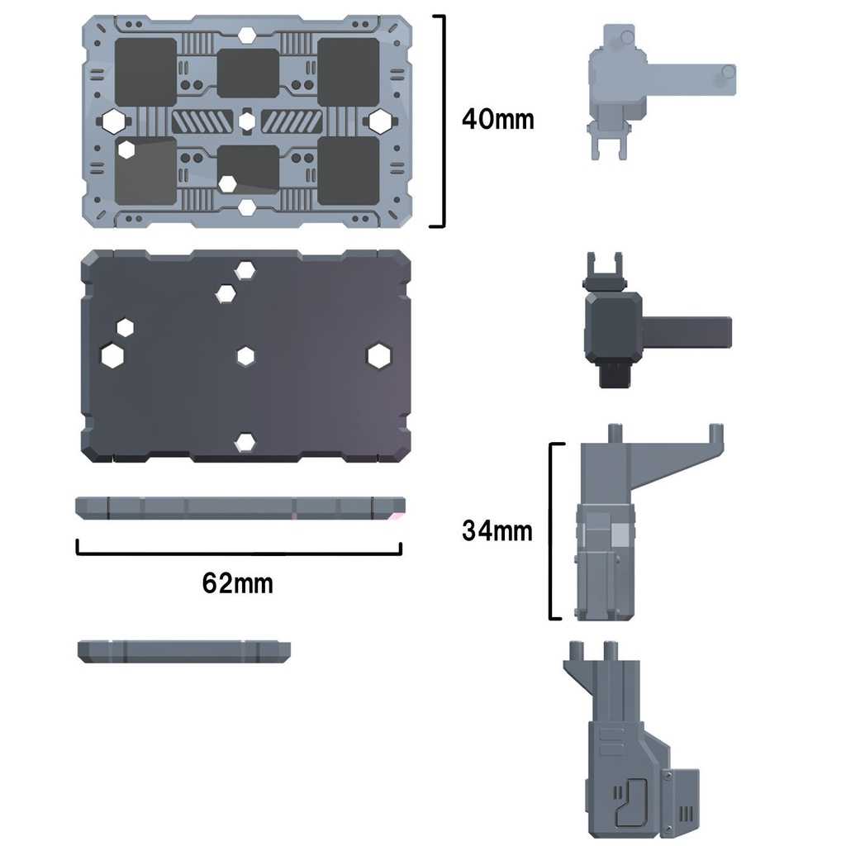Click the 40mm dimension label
(497, 119)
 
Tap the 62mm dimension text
(237, 583)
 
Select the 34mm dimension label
(497, 531)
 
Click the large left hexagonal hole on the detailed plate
(113, 121)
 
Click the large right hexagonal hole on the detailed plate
(380, 121)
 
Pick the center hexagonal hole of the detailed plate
(247, 121)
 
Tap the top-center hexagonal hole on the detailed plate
(246, 35)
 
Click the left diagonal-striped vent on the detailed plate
(202, 121)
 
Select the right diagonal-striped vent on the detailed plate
(292, 121)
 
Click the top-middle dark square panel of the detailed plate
(248, 74)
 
